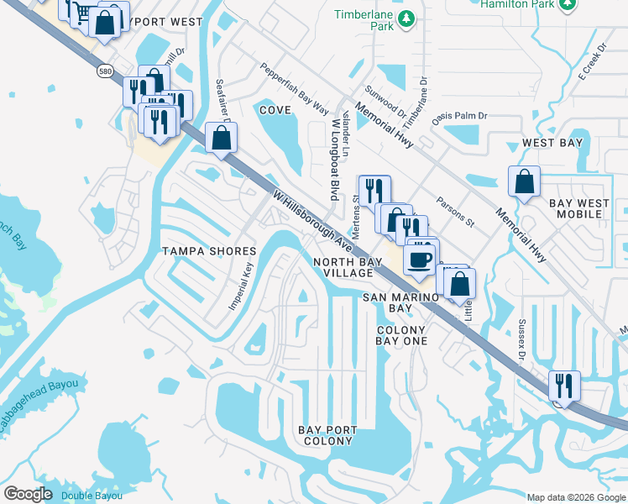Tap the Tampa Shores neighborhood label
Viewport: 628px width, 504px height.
point(209,252)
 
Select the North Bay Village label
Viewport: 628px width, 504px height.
point(343,267)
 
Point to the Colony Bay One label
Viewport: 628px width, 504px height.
point(402,335)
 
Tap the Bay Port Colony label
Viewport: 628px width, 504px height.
point(327,435)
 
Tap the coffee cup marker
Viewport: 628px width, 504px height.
point(420,258)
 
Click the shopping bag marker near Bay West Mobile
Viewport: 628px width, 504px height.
point(525,181)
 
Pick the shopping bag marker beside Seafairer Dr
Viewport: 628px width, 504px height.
point(221,138)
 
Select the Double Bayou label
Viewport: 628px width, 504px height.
point(92,496)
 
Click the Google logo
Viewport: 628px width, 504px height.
point(28,494)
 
